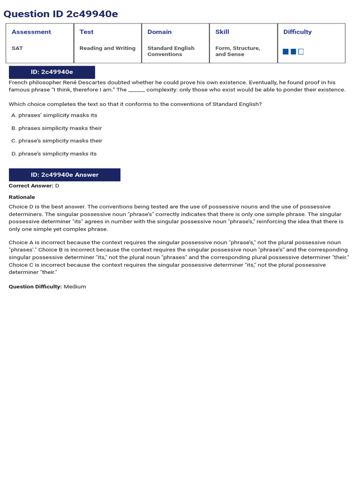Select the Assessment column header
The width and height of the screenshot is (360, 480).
tap(31, 32)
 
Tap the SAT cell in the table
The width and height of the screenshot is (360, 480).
tap(17, 48)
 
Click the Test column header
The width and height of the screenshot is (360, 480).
tap(86, 32)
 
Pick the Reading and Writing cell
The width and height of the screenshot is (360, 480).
tap(107, 48)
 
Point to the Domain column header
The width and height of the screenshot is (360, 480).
tap(159, 32)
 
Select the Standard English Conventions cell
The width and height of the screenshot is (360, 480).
tap(171, 51)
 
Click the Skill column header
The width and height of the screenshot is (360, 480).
tap(222, 32)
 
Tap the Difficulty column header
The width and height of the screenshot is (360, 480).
tap(297, 32)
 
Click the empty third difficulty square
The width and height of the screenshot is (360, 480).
tap(301, 52)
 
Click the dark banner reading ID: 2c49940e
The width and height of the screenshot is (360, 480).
tap(52, 72)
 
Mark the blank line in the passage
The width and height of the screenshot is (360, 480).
tap(136, 90)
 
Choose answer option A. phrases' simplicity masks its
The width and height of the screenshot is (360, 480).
tap(54, 115)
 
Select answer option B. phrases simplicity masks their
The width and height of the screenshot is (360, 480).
tap(56, 128)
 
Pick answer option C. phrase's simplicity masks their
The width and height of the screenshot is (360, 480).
tap(57, 141)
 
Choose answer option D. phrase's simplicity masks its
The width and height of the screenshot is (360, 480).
tap(54, 154)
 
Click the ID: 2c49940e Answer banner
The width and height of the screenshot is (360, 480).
tap(65, 175)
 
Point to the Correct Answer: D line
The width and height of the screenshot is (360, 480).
tap(34, 186)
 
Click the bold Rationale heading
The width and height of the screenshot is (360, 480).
tap(22, 197)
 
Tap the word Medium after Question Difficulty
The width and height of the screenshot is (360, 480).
tap(75, 287)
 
